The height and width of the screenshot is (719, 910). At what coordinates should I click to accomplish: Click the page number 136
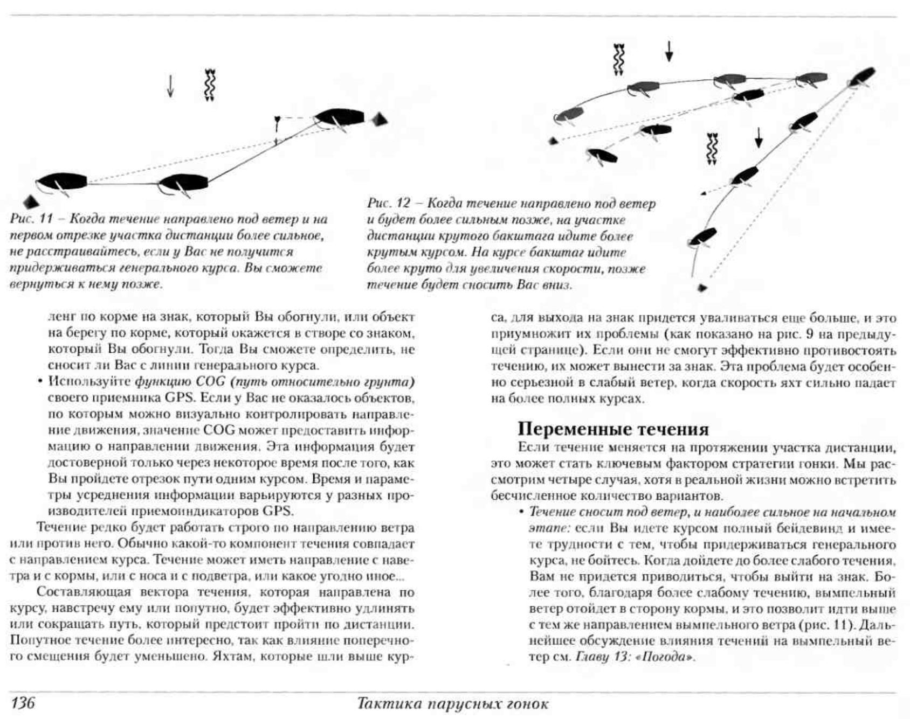click(23, 703)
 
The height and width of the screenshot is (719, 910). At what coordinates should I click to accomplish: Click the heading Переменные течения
click(613, 429)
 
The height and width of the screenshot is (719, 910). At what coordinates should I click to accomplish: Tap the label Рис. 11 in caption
click(31, 219)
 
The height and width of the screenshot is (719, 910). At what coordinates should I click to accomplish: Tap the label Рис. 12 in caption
click(389, 204)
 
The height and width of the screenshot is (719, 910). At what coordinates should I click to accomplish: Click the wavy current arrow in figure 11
click(210, 85)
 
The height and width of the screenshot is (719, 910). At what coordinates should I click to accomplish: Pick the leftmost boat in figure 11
click(61, 182)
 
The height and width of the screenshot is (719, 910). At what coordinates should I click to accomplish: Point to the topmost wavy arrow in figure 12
click(619, 59)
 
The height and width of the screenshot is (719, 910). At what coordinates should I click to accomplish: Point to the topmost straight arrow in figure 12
click(669, 51)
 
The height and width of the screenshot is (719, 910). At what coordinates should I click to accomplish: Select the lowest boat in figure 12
click(702, 237)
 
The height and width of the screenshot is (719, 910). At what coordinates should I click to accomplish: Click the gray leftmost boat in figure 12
click(569, 115)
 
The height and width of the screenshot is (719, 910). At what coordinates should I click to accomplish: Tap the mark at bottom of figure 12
click(702, 288)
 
